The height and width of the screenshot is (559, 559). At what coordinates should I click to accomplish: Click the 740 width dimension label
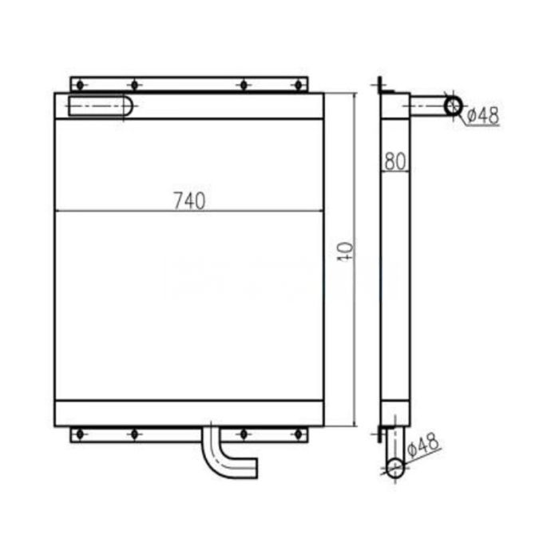pos(190,200)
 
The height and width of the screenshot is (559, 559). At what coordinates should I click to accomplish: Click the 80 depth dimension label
pos(394,161)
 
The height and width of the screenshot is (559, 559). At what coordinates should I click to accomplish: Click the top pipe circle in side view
pos(454,105)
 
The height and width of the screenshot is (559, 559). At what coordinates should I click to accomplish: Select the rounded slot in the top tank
pos(100,106)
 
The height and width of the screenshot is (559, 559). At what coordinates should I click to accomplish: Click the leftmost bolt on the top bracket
pos(79,84)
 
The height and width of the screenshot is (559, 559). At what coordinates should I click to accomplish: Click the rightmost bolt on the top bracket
pos(299,84)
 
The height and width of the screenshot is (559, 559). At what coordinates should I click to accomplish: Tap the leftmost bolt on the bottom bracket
pos(79,434)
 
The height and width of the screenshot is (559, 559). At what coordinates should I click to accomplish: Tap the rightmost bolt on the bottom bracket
pos(299,434)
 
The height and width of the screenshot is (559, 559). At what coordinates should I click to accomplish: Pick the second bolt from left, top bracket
pos(134,84)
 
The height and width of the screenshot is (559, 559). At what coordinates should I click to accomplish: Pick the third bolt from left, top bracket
pos(242,84)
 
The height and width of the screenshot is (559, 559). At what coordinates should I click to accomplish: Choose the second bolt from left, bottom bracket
pos(134,434)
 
